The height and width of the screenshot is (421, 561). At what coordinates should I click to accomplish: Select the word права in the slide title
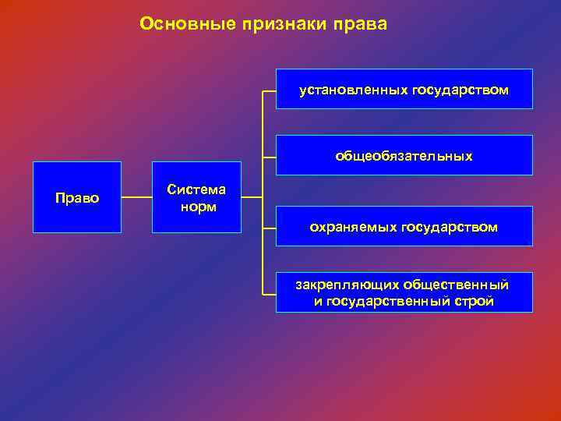click(359, 25)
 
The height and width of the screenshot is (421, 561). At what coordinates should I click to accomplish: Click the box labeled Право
click(77, 198)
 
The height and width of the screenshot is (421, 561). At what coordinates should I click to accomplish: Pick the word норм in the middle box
click(197, 207)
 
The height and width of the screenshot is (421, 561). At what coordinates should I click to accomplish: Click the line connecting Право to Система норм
click(136, 198)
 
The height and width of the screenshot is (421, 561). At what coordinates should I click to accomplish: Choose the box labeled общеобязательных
click(404, 156)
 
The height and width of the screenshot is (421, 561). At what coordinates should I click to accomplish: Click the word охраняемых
click(354, 227)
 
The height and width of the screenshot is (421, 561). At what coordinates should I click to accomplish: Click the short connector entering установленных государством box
click(269, 90)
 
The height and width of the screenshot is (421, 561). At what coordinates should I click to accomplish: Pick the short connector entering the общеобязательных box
click(269, 156)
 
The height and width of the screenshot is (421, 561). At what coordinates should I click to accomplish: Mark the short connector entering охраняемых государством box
click(269, 227)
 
